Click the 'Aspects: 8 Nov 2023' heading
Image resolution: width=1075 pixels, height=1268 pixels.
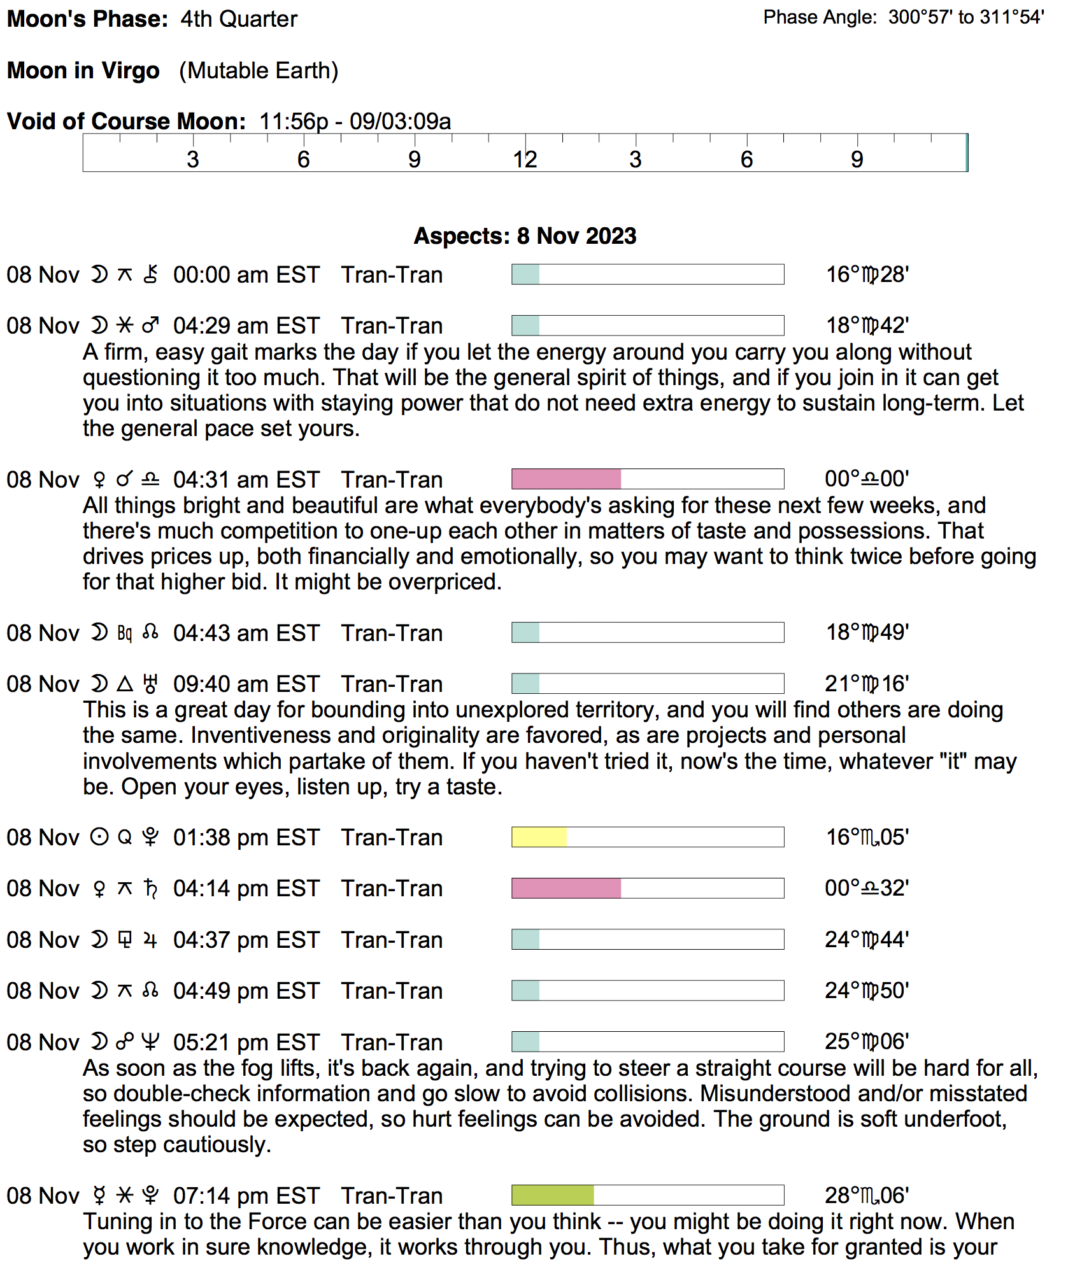pos(525,236)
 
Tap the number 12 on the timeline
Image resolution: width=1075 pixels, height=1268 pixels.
pos(525,159)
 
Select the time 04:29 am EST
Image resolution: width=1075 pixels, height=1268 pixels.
pos(246,326)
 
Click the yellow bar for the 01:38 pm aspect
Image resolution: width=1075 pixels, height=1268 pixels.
pos(539,837)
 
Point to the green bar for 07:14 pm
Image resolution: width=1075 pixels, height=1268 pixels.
pos(553,1195)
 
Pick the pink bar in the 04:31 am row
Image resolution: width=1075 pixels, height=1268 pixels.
pos(566,479)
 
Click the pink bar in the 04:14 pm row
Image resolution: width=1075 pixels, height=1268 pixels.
pos(566,889)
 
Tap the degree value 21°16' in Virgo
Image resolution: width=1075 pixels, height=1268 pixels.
pos(867,684)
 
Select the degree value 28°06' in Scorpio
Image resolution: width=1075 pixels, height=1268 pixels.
pos(867,1195)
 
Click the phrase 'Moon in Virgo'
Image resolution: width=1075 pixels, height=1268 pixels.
pos(83,71)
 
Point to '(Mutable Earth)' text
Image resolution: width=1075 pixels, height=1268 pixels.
pos(259,71)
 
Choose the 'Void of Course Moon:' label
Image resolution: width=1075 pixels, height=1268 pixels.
pos(126,121)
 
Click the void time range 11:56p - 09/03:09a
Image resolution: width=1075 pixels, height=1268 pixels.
pos(355,121)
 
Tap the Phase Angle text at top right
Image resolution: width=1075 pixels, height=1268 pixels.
pos(903,17)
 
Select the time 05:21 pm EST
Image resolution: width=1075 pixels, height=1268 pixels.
pos(246,1043)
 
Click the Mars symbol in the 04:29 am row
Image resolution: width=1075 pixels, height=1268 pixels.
pos(151,326)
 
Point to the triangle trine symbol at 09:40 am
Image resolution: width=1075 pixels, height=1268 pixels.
pos(125,684)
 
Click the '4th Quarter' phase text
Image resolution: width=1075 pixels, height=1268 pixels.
pos(239,19)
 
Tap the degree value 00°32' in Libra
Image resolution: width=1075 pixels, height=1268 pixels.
pos(867,889)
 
